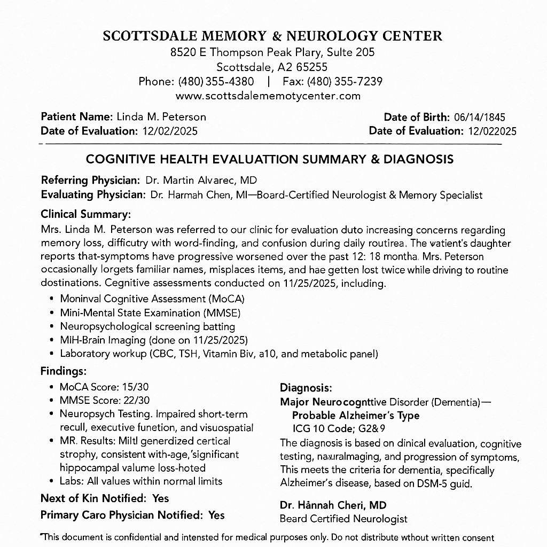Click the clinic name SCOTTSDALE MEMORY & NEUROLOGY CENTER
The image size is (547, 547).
pyautogui.click(x=272, y=36)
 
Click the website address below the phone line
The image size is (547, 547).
pyautogui.click(x=268, y=96)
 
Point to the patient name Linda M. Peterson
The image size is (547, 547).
pyautogui.click(x=161, y=116)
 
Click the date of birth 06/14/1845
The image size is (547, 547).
pyautogui.click(x=479, y=118)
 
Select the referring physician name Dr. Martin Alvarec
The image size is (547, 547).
pyautogui.click(x=193, y=180)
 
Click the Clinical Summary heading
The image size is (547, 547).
pyautogui.click(x=85, y=214)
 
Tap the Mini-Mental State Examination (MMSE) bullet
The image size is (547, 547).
pyautogui.click(x=150, y=312)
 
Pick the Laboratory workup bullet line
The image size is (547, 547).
pyautogui.click(x=219, y=353)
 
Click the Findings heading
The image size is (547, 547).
pyautogui.click(x=63, y=371)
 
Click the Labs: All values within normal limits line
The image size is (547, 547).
pyautogui.click(x=141, y=481)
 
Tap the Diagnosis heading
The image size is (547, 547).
pyautogui.click(x=306, y=388)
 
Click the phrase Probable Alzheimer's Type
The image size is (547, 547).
pyautogui.click(x=356, y=415)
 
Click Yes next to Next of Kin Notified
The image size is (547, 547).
pyautogui.click(x=160, y=498)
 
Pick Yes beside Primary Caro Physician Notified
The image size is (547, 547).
pyautogui.click(x=216, y=515)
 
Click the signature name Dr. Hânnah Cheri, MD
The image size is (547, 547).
pyautogui.click(x=333, y=505)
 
